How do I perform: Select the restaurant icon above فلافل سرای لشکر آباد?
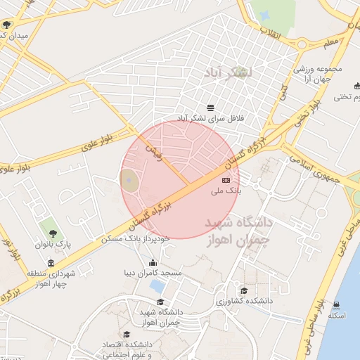(x=211, y=106)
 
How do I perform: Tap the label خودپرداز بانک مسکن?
(x=136, y=239)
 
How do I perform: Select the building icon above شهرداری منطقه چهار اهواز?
(x=51, y=264)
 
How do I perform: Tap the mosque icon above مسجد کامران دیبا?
(x=153, y=263)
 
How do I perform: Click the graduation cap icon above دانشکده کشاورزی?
(x=244, y=290)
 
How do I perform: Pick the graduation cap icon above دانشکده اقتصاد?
(x=127, y=334)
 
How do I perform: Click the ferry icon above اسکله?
(x=336, y=305)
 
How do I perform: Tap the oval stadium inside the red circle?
(x=129, y=181)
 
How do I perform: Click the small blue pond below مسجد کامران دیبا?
(x=159, y=286)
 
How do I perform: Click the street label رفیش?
(x=153, y=151)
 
